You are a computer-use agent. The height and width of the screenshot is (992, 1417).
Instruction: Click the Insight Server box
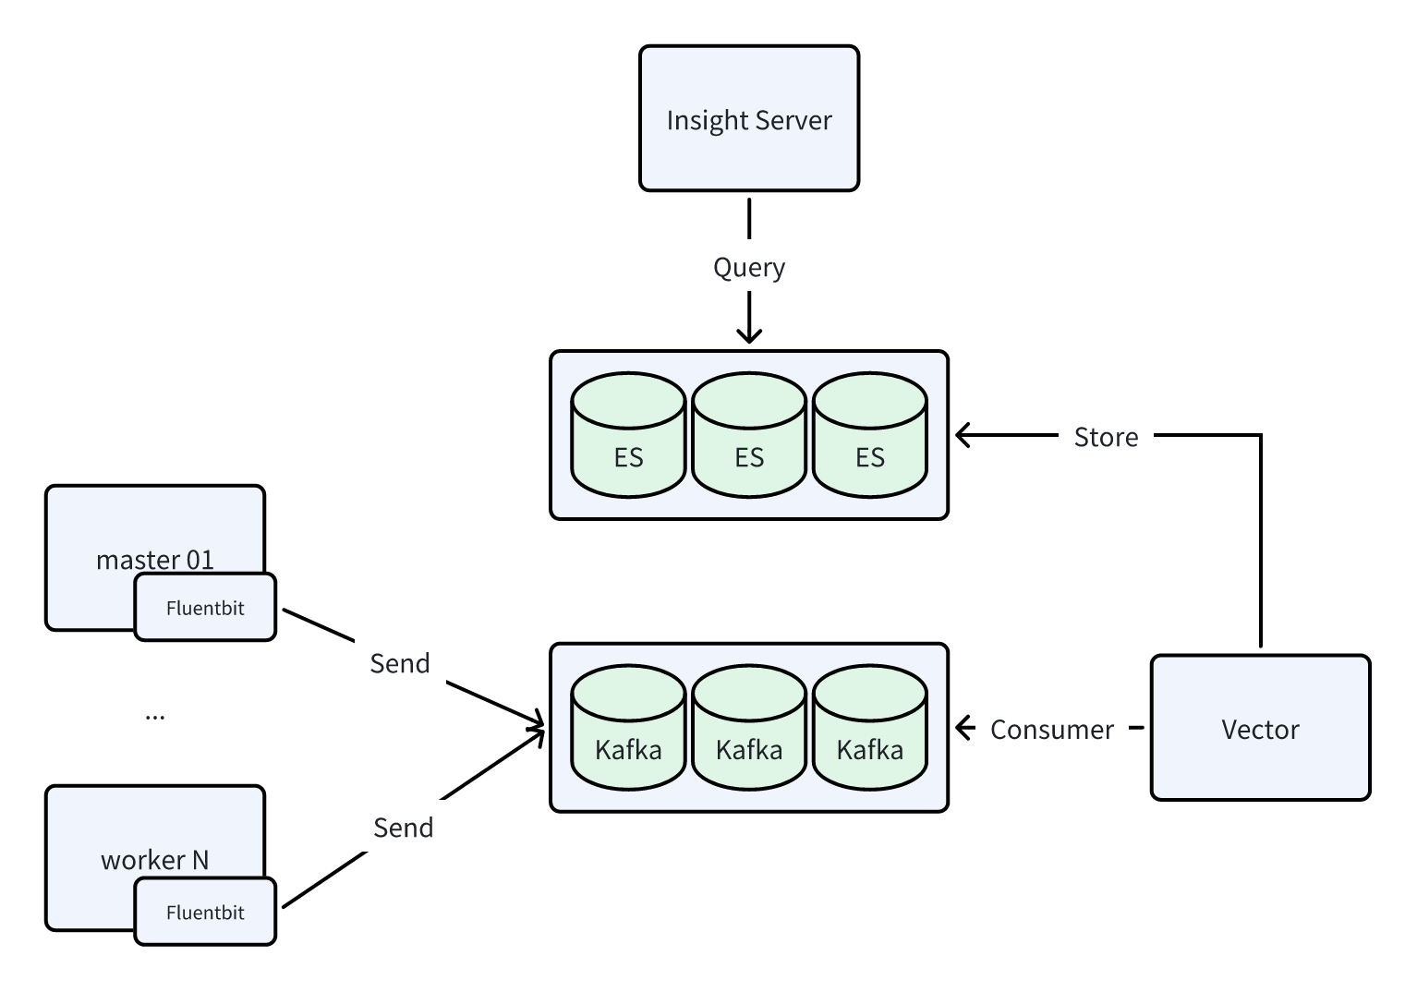point(749,119)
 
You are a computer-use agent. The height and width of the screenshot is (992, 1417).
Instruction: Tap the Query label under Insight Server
point(749,268)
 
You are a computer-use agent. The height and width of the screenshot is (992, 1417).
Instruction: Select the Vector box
point(1260,728)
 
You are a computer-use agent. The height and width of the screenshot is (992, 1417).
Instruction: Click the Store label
point(1106,437)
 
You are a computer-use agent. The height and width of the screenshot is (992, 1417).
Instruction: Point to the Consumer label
point(1051,730)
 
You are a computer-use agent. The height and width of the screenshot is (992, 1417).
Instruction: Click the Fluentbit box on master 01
point(205,608)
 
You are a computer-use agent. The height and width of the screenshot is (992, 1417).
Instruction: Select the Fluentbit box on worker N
point(205,913)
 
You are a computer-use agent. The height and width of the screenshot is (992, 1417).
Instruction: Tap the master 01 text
point(154,560)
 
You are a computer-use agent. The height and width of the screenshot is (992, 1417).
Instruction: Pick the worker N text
point(154,860)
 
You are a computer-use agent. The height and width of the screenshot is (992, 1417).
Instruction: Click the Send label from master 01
point(399,663)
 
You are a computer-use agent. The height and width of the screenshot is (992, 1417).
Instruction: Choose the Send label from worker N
point(403,828)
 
